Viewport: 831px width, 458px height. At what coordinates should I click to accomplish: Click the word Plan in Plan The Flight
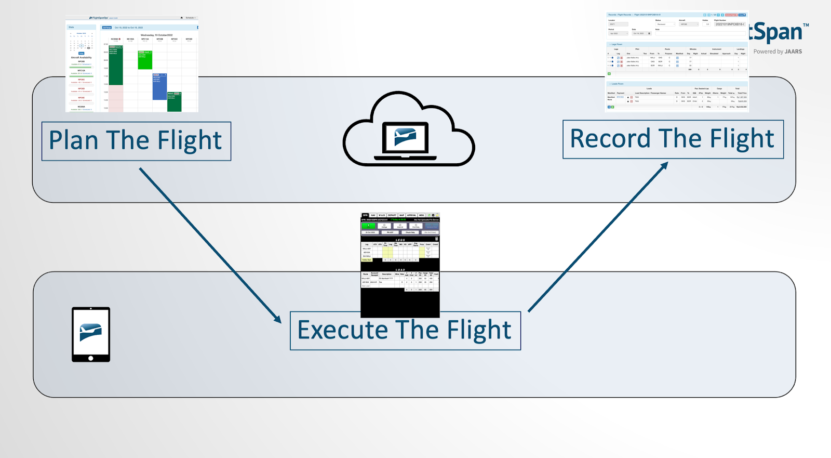tap(73, 140)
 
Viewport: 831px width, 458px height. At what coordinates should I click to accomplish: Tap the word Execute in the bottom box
tap(342, 330)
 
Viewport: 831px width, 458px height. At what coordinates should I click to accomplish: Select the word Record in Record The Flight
tap(610, 139)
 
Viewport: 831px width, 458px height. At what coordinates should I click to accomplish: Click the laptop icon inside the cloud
tap(406, 139)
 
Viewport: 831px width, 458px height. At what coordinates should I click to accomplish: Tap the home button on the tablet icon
tap(91, 358)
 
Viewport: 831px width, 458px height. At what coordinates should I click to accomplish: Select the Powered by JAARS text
tap(778, 51)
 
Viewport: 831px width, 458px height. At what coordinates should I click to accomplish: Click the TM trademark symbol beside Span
tap(806, 25)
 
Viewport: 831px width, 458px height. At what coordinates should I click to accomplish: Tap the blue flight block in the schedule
tap(159, 86)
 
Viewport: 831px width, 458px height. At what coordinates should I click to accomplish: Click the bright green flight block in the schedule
tap(145, 60)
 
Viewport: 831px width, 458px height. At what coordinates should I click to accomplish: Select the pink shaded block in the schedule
tap(116, 99)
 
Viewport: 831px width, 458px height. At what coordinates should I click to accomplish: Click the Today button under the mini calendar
tap(81, 53)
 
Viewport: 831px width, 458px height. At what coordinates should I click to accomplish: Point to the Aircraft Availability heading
tap(81, 58)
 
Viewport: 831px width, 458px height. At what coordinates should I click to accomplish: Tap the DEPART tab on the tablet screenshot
tap(392, 215)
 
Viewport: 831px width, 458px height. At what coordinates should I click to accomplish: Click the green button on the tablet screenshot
tap(368, 226)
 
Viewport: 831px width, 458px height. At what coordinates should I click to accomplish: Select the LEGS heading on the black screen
tap(400, 240)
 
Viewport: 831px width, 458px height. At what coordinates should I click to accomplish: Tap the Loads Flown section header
tap(618, 84)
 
